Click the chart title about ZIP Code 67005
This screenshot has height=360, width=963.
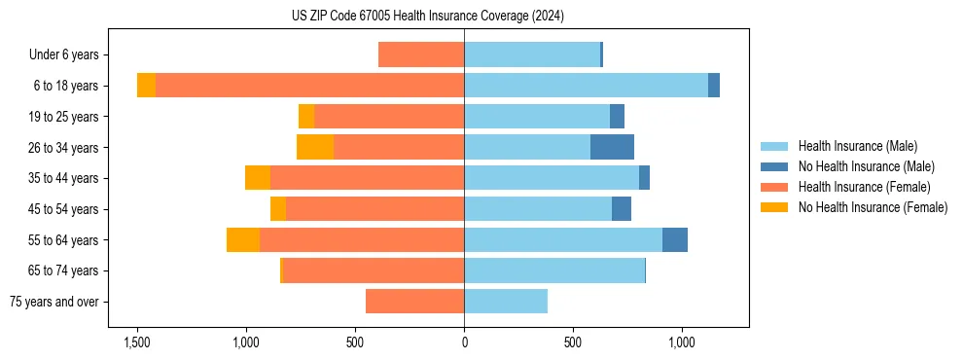(x=427, y=17)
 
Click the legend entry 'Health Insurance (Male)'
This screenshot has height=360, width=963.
(x=857, y=146)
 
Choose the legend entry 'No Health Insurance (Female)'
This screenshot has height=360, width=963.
(x=873, y=207)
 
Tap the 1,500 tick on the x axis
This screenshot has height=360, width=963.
(x=137, y=342)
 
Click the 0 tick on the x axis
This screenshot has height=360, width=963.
(x=464, y=342)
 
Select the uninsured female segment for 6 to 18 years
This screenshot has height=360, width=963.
(x=146, y=86)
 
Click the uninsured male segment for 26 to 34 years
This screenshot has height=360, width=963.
(x=612, y=148)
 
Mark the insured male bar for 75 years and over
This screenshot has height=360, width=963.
(x=506, y=302)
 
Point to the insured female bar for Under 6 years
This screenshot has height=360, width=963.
(x=421, y=54)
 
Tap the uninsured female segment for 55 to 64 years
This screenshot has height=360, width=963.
(x=243, y=240)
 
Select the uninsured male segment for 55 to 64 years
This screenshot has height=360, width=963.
(x=675, y=240)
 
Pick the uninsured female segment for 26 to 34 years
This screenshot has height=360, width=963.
(x=315, y=148)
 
